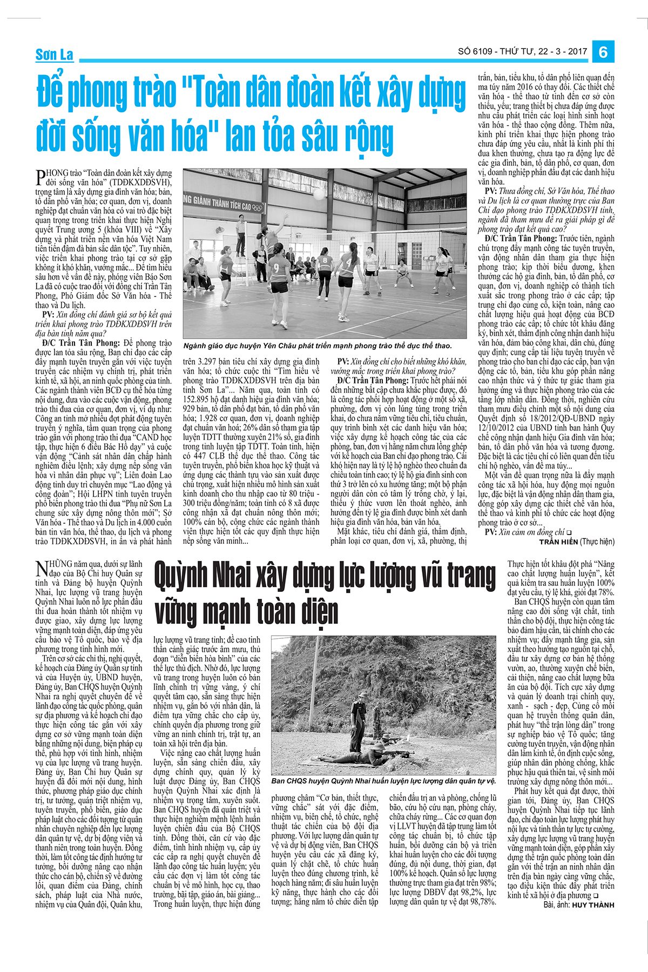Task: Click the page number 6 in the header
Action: [x=603, y=52]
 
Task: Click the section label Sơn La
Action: [x=54, y=55]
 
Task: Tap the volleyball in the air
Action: [x=320, y=193]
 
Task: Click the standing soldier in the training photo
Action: [x=358, y=713]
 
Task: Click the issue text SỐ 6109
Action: [x=475, y=52]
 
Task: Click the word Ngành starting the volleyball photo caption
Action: [x=197, y=346]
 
